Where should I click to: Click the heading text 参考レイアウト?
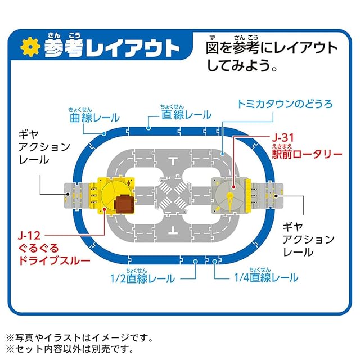click(x=106, y=47)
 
